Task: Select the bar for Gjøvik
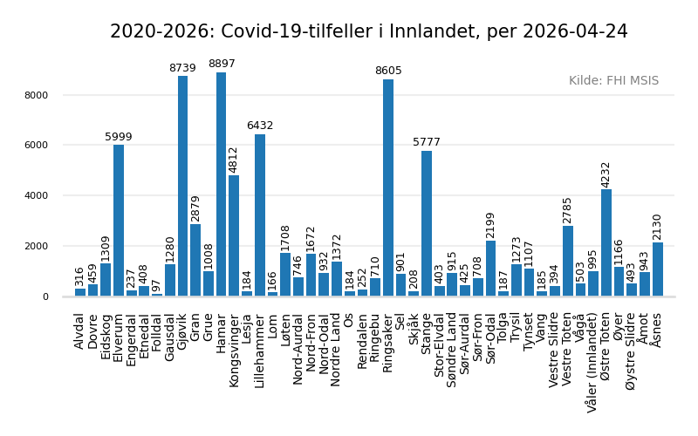coord(182,187)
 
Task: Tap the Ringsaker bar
coord(388,188)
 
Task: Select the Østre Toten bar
coord(606,243)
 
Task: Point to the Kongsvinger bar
coord(234,236)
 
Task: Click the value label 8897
coord(222,65)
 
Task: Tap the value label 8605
coord(388,72)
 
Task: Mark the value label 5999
coord(119,138)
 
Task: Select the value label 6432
coord(260,126)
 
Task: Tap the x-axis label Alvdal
coord(80,331)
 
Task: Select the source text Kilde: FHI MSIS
coord(613,81)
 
